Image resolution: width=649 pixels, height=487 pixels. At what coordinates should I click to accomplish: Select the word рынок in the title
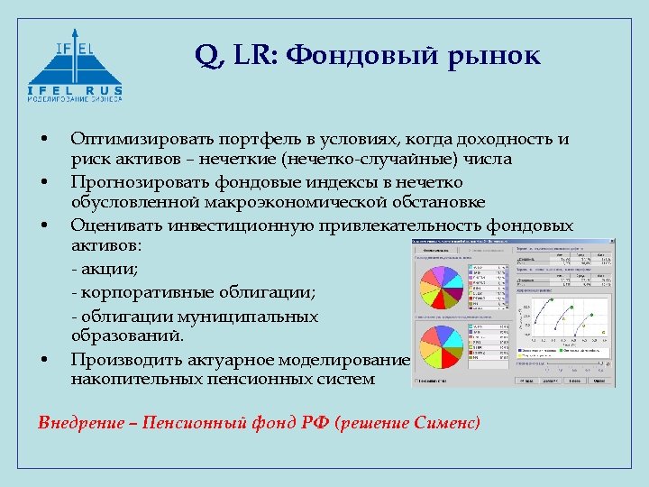493,57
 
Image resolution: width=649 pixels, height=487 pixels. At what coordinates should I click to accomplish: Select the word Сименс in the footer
447,422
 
